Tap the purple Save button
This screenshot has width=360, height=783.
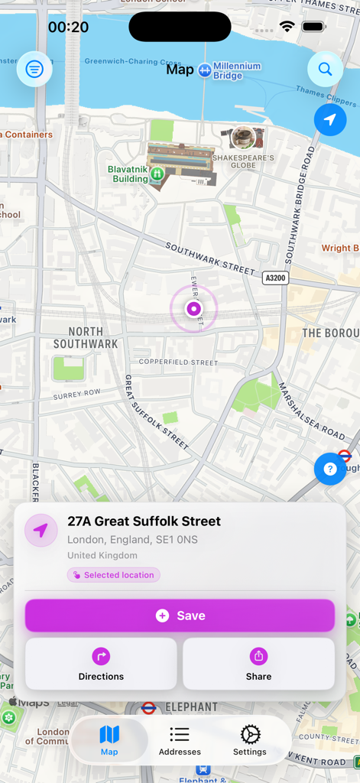pos(180,616)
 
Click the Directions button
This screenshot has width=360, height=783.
pos(101,664)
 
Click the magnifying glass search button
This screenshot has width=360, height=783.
pos(325,70)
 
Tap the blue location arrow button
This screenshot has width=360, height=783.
pos(330,120)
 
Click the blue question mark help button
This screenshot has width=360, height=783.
pos(330,469)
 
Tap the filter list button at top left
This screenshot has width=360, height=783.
pos(34,70)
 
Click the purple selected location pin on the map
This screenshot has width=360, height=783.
pos(193,309)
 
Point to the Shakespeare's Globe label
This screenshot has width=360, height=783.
pos(244,160)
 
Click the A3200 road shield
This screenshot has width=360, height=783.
pos(275,278)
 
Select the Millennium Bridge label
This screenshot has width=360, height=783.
pos(237,71)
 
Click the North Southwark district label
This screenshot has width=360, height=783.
pos(86,337)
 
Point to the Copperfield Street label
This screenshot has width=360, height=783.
pos(178,362)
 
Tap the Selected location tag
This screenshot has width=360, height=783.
pos(113,575)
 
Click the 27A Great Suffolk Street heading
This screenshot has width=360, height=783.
pos(144,521)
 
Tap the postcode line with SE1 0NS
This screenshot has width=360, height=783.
pos(132,540)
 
